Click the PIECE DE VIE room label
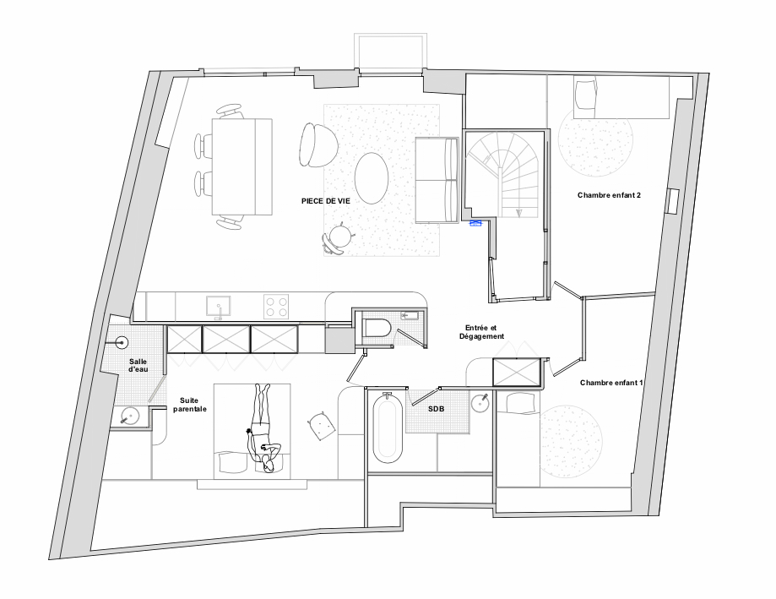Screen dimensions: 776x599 (x=326, y=201)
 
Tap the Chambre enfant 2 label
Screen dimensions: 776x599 (x=609, y=195)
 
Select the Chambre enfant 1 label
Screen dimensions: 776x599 (x=611, y=383)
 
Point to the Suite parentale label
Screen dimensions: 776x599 (x=189, y=405)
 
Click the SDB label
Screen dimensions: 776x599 (x=436, y=409)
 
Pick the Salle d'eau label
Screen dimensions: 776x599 (x=138, y=365)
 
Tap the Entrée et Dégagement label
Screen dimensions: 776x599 (x=481, y=332)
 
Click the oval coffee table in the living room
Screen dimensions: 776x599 (x=372, y=177)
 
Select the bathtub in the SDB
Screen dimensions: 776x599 (x=388, y=427)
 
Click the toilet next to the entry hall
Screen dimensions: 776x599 (x=377, y=328)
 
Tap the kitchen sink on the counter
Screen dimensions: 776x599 (x=218, y=306)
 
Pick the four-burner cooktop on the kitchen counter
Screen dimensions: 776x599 (x=276, y=306)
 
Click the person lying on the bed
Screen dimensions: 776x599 (x=263, y=428)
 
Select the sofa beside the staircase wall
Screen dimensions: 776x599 (x=436, y=180)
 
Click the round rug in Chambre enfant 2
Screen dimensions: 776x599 (x=595, y=139)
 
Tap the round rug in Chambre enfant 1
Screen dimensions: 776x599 (x=571, y=442)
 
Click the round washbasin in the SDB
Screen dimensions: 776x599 (x=480, y=403)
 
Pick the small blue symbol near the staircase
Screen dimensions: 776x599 (x=475, y=223)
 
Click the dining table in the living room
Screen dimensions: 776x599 (x=242, y=166)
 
